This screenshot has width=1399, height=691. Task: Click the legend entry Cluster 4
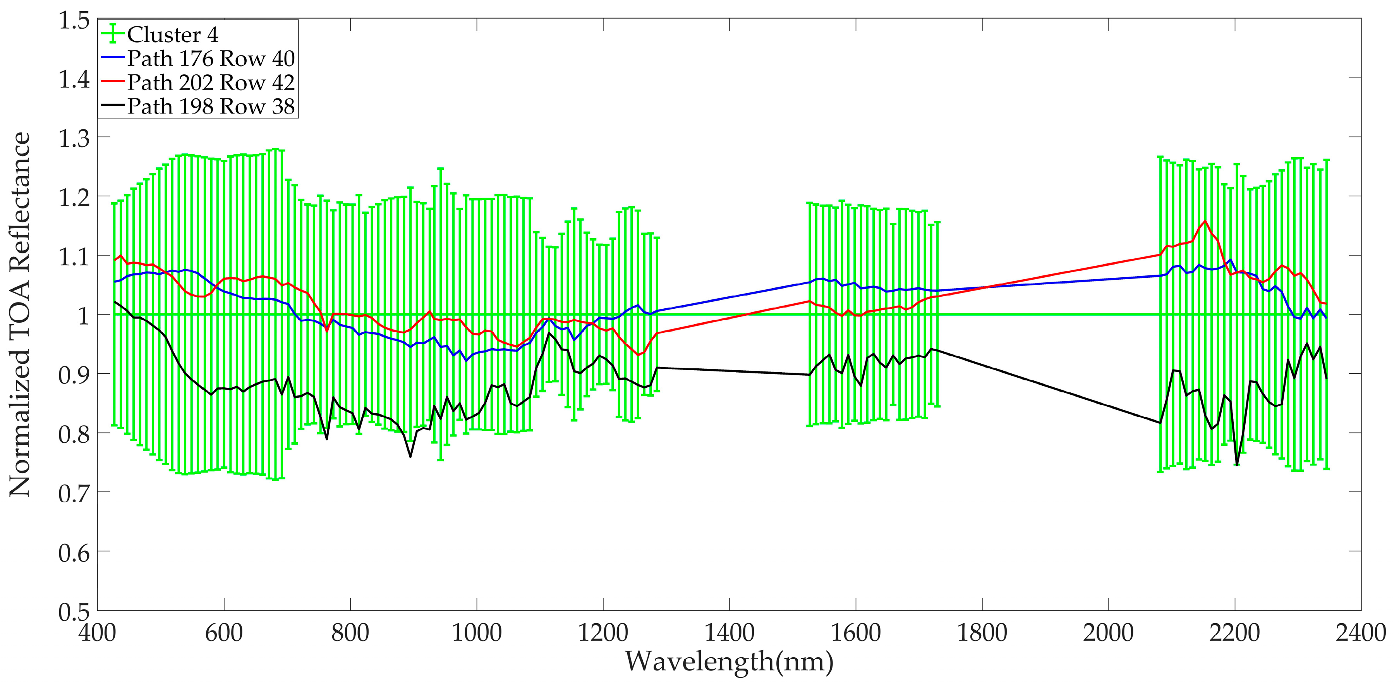172,35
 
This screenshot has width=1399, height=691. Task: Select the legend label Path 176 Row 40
211,58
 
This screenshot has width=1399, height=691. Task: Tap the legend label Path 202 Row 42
211,83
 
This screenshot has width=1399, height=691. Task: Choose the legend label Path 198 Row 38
211,107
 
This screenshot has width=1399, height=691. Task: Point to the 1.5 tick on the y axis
74,21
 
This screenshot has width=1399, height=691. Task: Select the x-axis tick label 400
98,633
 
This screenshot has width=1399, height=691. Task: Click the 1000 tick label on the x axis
477,633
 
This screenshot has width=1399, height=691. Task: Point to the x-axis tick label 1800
982,633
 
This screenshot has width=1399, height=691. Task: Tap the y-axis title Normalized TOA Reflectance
20,314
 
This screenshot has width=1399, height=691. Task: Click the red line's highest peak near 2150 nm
1205,221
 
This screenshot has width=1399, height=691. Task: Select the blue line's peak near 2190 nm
1230,260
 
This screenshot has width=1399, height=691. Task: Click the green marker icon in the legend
113,34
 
